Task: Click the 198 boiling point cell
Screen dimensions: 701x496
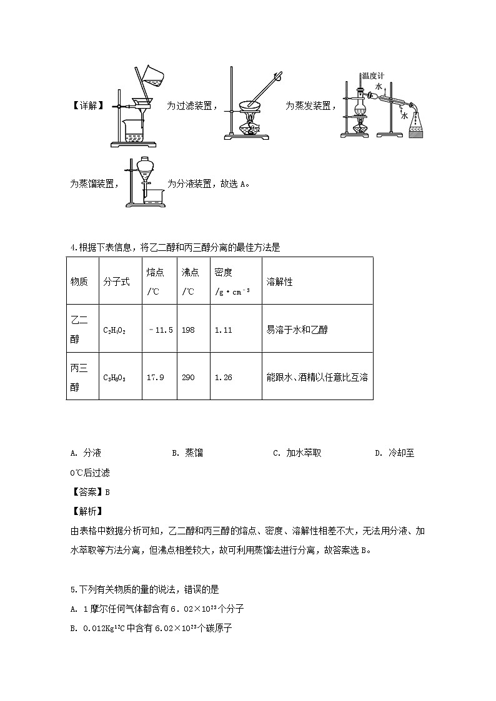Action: click(x=188, y=330)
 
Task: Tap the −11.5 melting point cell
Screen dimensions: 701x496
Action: click(x=161, y=330)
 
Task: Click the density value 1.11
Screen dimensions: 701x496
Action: click(x=223, y=330)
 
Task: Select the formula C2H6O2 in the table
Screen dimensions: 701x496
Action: click(x=114, y=330)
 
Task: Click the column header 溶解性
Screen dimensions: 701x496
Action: click(x=279, y=282)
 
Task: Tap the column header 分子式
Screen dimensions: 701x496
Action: click(x=117, y=282)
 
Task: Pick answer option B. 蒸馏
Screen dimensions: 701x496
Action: click(x=187, y=453)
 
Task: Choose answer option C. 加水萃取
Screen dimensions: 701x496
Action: click(x=297, y=453)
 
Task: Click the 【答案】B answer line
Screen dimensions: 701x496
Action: click(x=91, y=492)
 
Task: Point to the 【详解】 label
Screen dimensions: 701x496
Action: click(x=86, y=106)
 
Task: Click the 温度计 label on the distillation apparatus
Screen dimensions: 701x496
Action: click(x=372, y=76)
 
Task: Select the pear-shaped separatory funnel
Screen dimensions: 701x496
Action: click(x=146, y=168)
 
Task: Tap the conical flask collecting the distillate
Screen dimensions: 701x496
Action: click(x=416, y=125)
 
